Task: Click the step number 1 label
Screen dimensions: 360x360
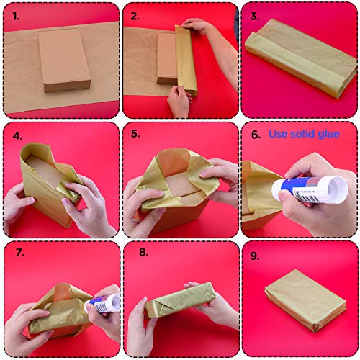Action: click(x=16, y=17)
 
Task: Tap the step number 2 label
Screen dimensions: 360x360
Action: click(x=135, y=17)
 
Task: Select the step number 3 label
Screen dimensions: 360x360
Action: click(x=255, y=17)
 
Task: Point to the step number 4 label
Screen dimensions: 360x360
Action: click(x=17, y=136)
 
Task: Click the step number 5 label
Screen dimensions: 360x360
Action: click(x=135, y=134)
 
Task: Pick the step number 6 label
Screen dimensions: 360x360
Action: click(x=256, y=135)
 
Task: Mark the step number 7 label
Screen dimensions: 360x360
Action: click(x=20, y=253)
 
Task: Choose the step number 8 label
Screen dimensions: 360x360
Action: click(x=143, y=252)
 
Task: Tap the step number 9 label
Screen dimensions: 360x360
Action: click(x=255, y=256)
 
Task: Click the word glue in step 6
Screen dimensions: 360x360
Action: click(x=328, y=135)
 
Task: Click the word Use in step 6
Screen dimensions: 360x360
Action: click(x=279, y=134)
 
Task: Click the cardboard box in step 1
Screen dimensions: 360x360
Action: click(x=64, y=60)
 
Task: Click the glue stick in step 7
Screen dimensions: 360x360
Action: click(x=102, y=304)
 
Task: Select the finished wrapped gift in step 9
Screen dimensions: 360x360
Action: click(x=305, y=301)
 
